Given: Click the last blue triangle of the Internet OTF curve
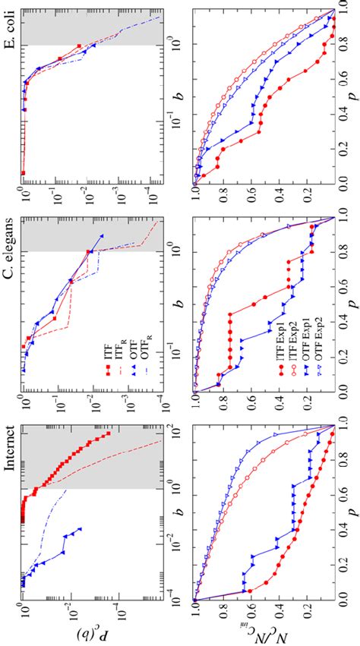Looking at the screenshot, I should [80, 528].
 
